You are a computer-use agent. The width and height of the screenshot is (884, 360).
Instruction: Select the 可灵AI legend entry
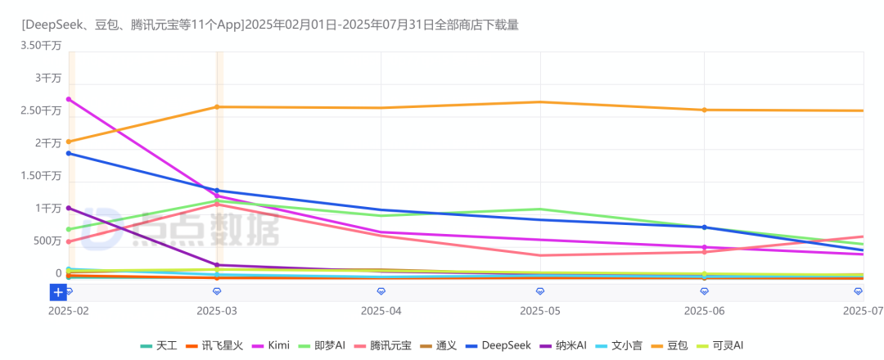727,346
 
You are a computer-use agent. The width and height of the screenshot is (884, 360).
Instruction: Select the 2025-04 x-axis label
381,311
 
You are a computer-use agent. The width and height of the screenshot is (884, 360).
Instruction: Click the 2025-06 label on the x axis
704,311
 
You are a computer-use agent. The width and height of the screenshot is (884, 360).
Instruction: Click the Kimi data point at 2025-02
69,99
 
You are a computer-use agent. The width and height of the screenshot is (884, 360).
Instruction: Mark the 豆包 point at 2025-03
217,107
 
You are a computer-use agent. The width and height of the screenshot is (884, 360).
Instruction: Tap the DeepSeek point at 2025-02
69,153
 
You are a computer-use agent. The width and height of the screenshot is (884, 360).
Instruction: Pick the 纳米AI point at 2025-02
69,208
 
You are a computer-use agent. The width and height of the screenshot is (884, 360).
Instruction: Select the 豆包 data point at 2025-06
704,110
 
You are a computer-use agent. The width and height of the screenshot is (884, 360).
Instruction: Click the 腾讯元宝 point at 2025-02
69,241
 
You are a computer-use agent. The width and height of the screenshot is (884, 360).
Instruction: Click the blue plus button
58,292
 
